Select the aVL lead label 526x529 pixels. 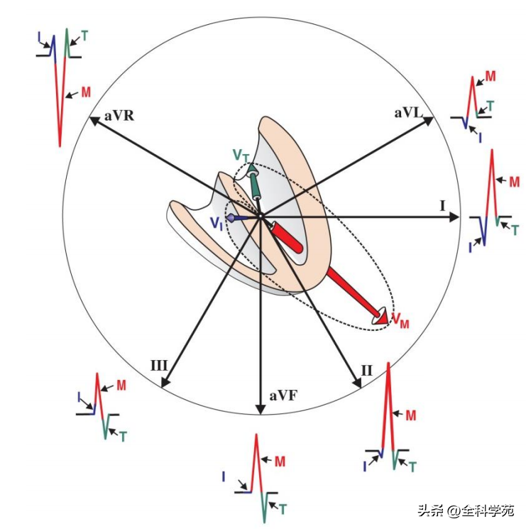(408, 113)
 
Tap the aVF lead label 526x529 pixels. (282, 396)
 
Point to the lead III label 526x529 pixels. (158, 365)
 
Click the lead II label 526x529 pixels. (366, 370)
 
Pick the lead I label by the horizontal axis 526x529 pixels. (442, 206)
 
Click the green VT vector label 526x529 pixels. (240, 154)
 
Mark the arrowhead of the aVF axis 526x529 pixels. (261, 410)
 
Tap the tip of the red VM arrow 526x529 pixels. (385, 320)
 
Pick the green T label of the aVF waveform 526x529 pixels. (283, 508)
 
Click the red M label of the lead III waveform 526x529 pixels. (121, 385)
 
